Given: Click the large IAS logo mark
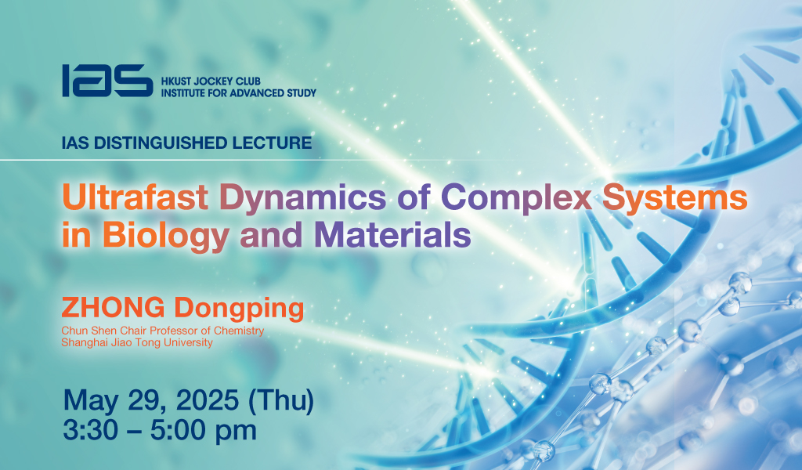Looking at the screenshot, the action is (x=107, y=81).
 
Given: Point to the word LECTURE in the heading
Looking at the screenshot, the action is (x=272, y=143).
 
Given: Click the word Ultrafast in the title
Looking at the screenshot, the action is (x=135, y=197).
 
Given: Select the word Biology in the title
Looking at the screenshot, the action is (x=166, y=237).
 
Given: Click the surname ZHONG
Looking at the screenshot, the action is (x=113, y=308).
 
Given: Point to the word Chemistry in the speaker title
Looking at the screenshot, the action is (x=239, y=331).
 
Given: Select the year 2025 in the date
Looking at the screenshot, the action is (x=207, y=400).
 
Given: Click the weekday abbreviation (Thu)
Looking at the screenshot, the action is (x=281, y=400).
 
